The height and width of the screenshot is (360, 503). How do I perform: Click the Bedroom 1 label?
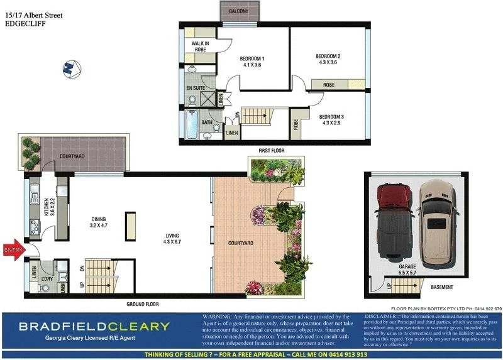252,62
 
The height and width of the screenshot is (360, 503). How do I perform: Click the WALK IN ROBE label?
200,46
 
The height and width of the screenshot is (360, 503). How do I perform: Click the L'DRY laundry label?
46,278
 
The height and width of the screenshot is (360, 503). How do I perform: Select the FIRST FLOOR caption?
272,151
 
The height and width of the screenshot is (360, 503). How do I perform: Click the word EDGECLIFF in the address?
25,24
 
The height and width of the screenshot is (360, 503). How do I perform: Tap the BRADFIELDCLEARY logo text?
94,326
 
